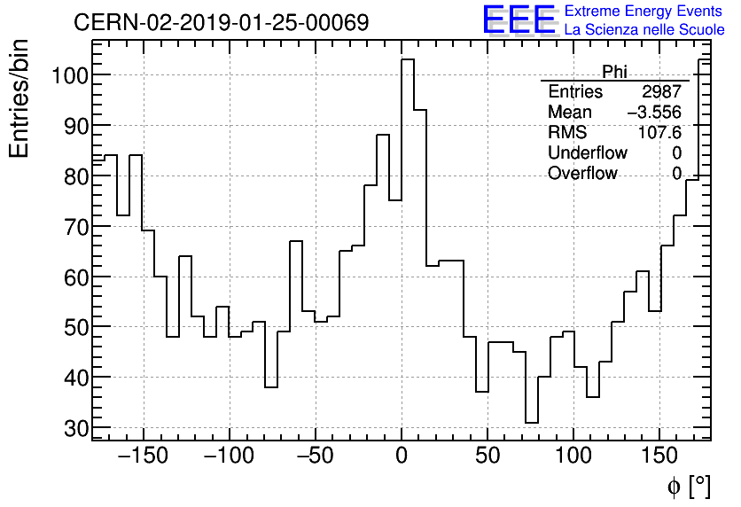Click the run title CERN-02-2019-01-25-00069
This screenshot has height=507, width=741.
coord(221,22)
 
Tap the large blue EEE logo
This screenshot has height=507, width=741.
coord(519,20)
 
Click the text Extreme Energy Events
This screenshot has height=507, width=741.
coord(644,12)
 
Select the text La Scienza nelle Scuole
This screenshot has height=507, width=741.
coord(644,30)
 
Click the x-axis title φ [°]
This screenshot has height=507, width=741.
coord(688,486)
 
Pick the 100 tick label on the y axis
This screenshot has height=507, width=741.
coord(70,75)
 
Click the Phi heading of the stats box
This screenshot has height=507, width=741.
coord(614,72)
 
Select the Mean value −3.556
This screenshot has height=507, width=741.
coord(654,113)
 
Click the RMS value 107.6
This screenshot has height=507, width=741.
coord(661,133)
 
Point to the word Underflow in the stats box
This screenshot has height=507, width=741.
coord(587,153)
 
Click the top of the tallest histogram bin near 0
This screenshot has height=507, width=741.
coord(408,60)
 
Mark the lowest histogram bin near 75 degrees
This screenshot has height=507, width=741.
coord(532,422)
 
